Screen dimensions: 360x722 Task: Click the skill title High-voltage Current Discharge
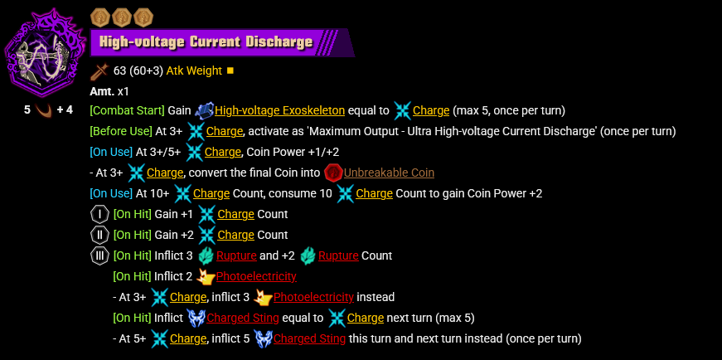pyautogui.click(x=206, y=42)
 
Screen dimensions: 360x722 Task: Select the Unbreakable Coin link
pyautogui.click(x=389, y=173)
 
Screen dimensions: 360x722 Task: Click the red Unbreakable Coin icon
pyautogui.click(x=333, y=173)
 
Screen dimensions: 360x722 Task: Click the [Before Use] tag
pyautogui.click(x=121, y=131)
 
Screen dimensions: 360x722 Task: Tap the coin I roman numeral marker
pyautogui.click(x=99, y=214)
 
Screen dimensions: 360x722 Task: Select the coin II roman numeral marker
pyautogui.click(x=99, y=235)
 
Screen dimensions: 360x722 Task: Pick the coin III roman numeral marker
pyautogui.click(x=99, y=255)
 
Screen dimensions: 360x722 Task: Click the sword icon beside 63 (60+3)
pyautogui.click(x=99, y=71)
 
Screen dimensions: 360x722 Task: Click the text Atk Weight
pyautogui.click(x=194, y=71)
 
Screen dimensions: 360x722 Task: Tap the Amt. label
pyautogui.click(x=102, y=90)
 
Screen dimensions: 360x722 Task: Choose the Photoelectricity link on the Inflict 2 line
pyautogui.click(x=255, y=276)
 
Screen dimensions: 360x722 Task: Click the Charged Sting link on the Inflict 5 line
pyautogui.click(x=309, y=338)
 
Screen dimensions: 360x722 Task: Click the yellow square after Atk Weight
pyautogui.click(x=230, y=71)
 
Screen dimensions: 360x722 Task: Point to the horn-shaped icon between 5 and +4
pyautogui.click(x=43, y=109)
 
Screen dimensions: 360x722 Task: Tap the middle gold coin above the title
pyautogui.click(x=122, y=16)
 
